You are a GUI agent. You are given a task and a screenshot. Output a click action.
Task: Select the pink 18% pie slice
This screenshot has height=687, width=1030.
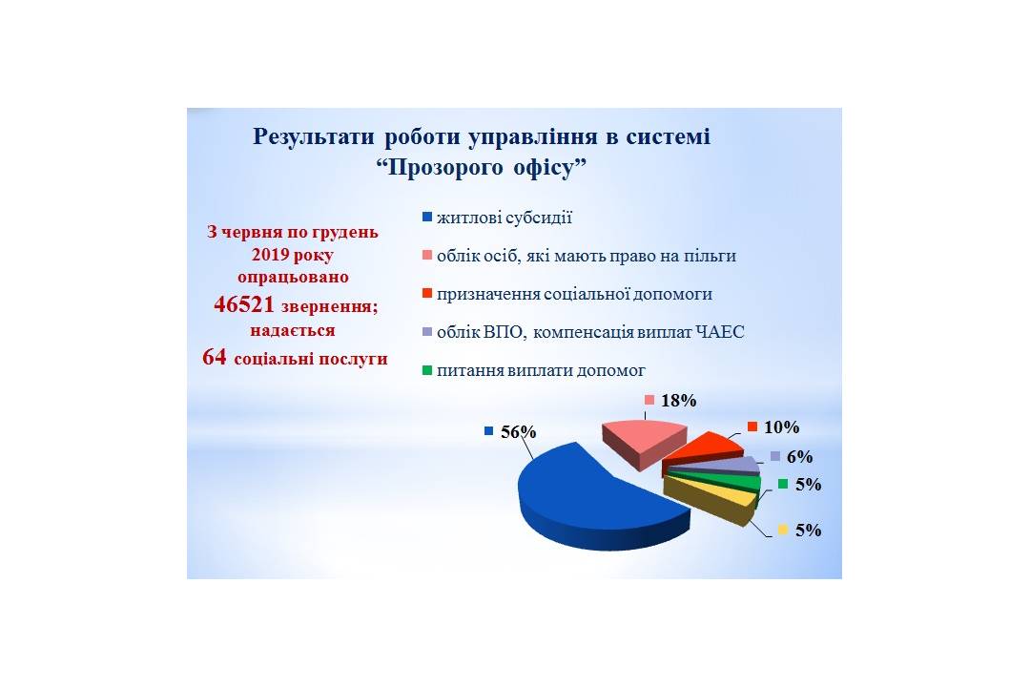[x=644, y=442]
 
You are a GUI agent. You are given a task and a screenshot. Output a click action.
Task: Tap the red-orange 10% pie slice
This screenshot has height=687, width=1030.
[x=703, y=451]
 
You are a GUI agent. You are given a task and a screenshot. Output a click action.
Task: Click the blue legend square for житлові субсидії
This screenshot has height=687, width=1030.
[x=427, y=217]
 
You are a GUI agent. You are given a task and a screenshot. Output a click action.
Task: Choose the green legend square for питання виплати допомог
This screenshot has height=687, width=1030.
[x=427, y=370]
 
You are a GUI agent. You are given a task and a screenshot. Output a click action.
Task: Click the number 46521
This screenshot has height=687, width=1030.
[x=244, y=304]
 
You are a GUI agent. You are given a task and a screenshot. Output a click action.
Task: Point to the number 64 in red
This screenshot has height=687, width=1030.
[x=215, y=357]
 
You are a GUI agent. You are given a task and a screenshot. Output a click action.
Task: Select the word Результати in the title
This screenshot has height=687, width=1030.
[x=314, y=136]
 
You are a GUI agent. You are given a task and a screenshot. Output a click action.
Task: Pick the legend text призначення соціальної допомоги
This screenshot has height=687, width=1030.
[x=574, y=294]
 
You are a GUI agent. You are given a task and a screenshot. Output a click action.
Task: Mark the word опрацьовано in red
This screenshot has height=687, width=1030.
[x=293, y=277]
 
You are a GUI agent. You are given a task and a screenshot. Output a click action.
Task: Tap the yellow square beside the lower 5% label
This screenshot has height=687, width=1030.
[x=782, y=530]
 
